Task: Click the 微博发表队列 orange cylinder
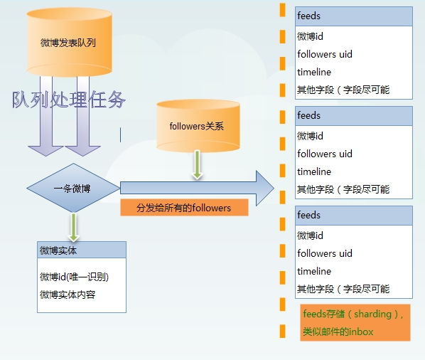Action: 70,42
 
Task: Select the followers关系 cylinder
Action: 198,126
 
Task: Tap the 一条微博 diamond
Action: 73,188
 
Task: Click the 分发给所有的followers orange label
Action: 184,208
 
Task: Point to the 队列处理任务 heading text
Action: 68,100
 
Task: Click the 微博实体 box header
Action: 82,250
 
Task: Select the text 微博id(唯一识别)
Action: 74,277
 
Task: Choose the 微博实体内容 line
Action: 68,295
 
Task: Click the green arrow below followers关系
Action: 198,164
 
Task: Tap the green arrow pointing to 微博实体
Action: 73,227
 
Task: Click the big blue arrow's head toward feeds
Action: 265,188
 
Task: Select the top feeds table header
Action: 354,16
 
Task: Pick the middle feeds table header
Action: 354,116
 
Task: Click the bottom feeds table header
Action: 354,216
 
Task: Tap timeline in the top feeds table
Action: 314,72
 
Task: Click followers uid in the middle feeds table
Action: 325,154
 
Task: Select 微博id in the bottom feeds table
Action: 310,235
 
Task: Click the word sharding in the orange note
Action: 372,314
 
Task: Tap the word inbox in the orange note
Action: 361,332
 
